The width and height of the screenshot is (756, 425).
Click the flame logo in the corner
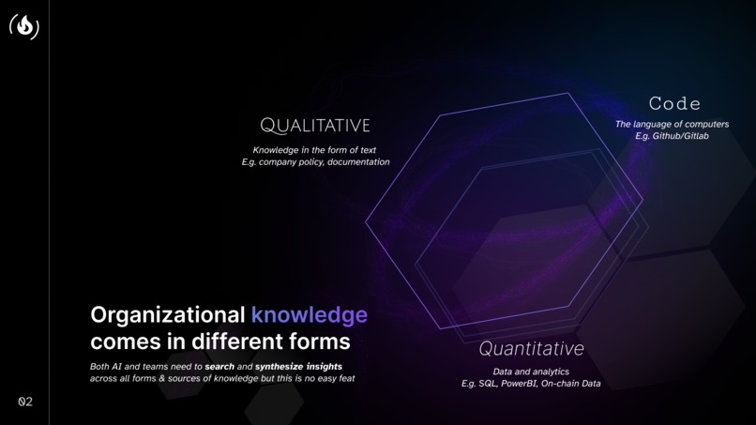coord(24,26)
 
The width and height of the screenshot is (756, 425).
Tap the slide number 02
coord(25,402)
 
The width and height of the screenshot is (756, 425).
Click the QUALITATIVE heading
coord(315,126)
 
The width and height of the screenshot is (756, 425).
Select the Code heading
coord(674,103)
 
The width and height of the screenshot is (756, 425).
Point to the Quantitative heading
coord(531,349)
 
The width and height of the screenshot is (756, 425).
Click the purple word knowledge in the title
coord(309,314)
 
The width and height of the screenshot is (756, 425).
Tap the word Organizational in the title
coord(167,314)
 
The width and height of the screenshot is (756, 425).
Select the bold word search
coord(219,366)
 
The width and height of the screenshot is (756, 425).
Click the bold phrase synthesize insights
coord(298,366)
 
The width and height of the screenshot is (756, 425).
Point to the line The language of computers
coord(672,124)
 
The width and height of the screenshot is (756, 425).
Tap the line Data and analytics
coord(531,372)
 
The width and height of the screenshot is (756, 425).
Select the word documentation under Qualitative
coord(358,162)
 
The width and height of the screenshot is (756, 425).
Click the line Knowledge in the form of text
coord(314,150)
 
